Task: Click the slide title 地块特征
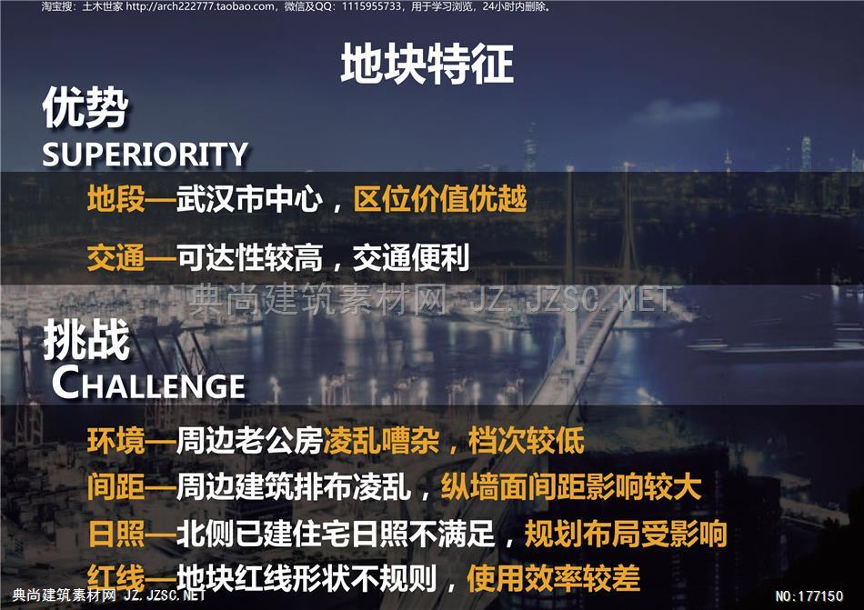coord(427,65)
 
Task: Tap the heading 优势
coord(85,107)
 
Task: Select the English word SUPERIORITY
coord(146,155)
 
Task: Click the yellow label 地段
coord(116,199)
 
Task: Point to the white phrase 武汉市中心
coord(249,199)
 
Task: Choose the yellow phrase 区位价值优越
coord(439,199)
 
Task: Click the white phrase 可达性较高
coord(249,257)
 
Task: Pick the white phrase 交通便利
coord(411,257)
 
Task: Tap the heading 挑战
coord(86,340)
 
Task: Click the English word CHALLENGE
coord(149,384)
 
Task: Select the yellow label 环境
coord(116,440)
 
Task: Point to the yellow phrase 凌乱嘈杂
coord(381,440)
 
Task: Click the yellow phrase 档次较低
coord(527,440)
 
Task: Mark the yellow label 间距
coord(116,486)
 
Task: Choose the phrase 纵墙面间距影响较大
coord(571,486)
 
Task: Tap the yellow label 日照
coord(116,533)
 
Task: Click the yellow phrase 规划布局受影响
coord(626,533)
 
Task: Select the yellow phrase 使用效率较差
coord(553,578)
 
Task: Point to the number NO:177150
coord(809,595)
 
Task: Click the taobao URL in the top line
coord(199,6)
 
